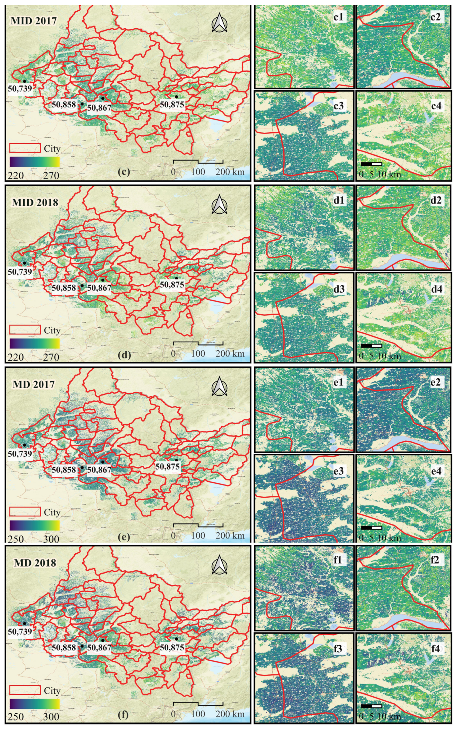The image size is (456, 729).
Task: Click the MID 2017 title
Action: [x=34, y=21]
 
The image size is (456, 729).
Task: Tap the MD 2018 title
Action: [x=35, y=563]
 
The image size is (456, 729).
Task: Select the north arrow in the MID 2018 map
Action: [x=219, y=205]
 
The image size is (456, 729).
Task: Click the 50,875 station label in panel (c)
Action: [x=172, y=105]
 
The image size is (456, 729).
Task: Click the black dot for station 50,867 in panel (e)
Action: [x=103, y=462]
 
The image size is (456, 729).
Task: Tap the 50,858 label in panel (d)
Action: [x=64, y=288]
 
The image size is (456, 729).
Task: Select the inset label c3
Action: [x=338, y=106]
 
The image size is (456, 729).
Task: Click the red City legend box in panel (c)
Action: [x=25, y=148]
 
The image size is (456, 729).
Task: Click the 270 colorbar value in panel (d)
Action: [x=51, y=357]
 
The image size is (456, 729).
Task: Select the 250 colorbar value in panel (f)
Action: [x=16, y=717]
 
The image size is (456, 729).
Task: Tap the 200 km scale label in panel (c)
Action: [x=230, y=172]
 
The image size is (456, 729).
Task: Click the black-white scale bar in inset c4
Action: [x=371, y=164]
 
